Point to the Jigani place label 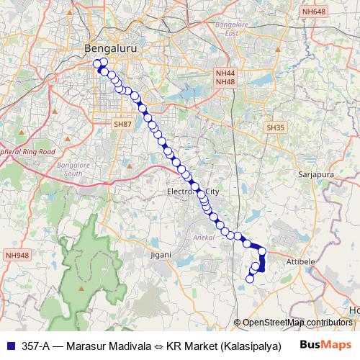pos(160,254)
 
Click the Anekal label pos(203,237)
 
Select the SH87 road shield pos(123,125)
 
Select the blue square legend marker pos(10,344)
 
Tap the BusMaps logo pos(325,344)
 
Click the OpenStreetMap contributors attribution pos(297,323)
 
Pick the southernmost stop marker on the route pos(251,279)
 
